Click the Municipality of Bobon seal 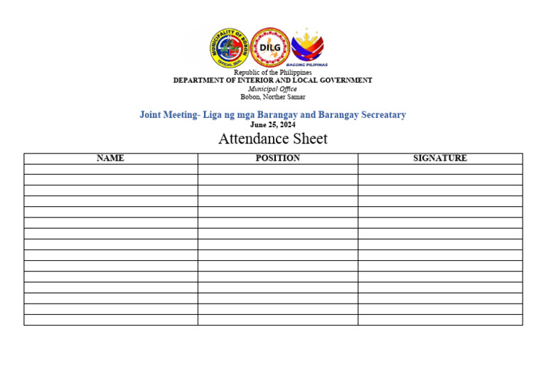point(228,48)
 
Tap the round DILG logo point(270,48)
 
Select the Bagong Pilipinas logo point(309,48)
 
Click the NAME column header point(110,159)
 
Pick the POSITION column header point(278,159)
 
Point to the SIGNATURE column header point(440,159)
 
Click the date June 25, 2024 point(273,124)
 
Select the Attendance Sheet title point(273,139)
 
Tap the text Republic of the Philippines point(273,73)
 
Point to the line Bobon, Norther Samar point(273,97)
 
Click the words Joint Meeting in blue point(168,114)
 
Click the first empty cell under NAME point(110,169)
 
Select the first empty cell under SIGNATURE point(440,169)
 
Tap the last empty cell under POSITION point(278,320)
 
